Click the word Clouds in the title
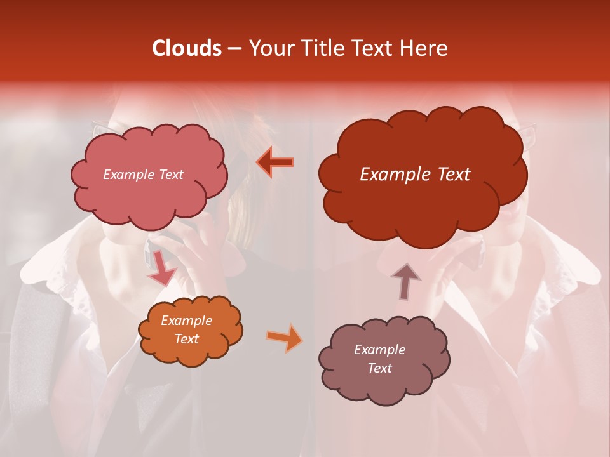pos(187,48)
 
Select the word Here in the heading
pos(424,48)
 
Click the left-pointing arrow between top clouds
pos(274,162)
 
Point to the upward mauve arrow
pos(405,281)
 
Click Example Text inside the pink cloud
pos(143,175)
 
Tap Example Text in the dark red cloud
pos(415,175)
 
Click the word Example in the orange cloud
pos(186,321)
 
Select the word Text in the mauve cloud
pos(379,368)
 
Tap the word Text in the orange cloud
pos(186,339)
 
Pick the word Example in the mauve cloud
pos(379,350)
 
